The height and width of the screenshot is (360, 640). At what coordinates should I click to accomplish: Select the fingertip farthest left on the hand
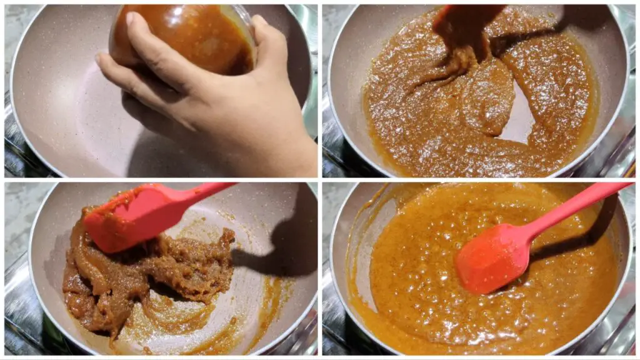(100, 59)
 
